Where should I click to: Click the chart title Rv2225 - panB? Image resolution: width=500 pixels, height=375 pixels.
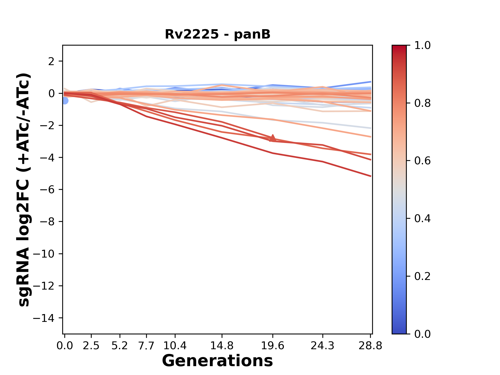[217, 34]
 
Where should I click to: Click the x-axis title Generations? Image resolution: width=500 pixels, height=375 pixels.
[217, 361]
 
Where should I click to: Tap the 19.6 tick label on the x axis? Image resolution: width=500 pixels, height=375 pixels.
[273, 346]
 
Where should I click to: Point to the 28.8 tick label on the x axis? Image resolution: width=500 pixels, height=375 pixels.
[370, 346]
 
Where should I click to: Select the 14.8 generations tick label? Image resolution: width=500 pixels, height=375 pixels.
[222, 346]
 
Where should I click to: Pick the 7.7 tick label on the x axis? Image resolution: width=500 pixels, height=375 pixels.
[147, 346]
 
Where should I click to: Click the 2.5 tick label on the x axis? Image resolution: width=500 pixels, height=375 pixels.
[91, 346]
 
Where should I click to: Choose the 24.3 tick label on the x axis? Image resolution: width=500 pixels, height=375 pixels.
[323, 346]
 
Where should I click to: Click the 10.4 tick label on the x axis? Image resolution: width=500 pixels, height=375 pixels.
[175, 346]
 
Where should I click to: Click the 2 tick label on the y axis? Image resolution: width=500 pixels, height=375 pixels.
[51, 61]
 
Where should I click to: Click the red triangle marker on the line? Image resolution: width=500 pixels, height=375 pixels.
[273, 138]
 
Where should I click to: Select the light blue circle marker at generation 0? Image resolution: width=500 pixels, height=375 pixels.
[65, 101]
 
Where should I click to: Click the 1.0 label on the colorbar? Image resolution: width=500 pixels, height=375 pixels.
[422, 46]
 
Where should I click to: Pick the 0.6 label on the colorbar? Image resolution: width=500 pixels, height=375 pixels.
[422, 161]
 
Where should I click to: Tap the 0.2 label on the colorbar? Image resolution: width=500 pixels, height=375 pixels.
[422, 276]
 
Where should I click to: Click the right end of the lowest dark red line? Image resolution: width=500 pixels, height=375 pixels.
[370, 176]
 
